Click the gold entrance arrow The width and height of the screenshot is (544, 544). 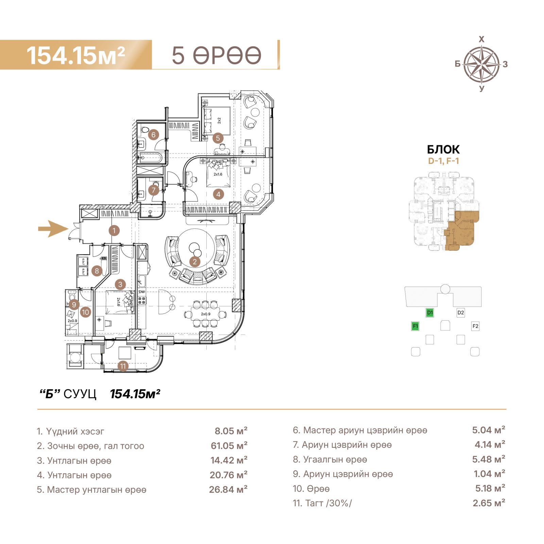point(53,228)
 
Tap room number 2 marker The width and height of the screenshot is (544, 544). point(195,262)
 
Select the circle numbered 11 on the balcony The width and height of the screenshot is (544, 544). point(123,366)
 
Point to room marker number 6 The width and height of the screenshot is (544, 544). point(153,135)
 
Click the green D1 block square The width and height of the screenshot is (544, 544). point(430,313)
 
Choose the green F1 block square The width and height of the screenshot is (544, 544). point(415,326)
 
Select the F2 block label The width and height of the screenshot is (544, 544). point(475,326)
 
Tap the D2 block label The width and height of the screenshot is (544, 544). point(461,313)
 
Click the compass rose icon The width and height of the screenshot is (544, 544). point(481,64)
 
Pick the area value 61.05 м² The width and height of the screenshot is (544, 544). point(229,446)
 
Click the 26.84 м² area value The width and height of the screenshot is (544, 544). point(228,490)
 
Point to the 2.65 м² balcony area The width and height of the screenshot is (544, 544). point(489,503)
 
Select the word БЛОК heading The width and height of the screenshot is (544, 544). point(443,150)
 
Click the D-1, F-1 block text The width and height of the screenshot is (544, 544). point(443,161)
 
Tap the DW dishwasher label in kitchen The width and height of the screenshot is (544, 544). point(142,292)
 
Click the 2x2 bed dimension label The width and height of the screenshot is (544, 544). point(219,120)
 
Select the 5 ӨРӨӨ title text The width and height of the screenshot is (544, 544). point(217,55)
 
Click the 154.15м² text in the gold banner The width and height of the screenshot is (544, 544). point(76,55)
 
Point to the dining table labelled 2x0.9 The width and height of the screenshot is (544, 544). point(205,314)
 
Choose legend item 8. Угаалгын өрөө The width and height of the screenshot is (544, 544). point(330,460)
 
